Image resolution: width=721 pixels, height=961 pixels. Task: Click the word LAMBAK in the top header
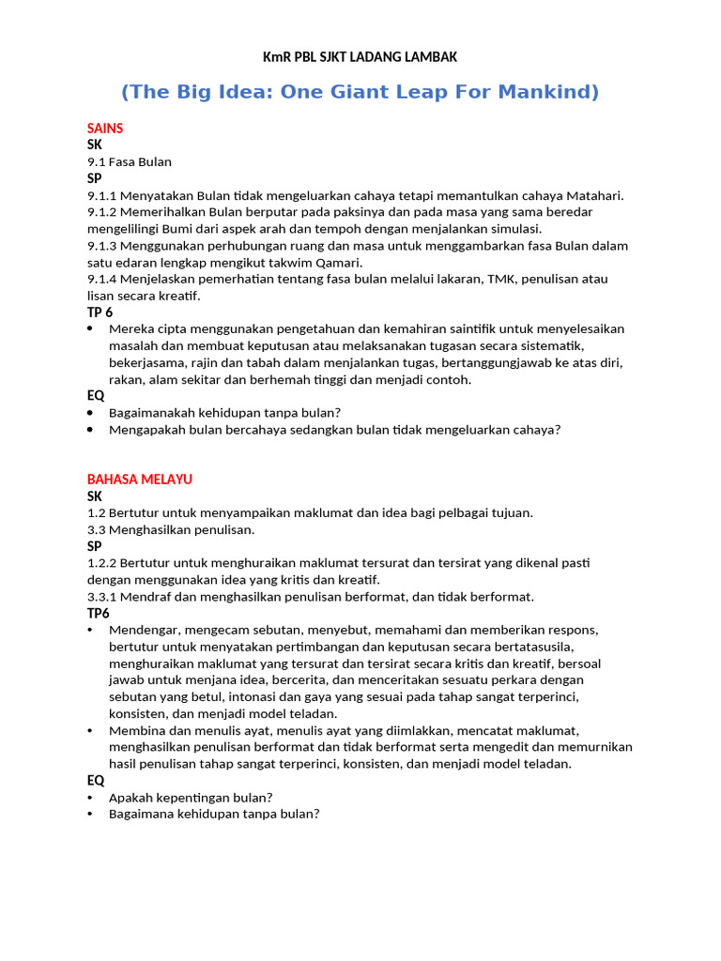pos(430,57)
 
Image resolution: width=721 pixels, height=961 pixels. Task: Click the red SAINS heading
pos(105,128)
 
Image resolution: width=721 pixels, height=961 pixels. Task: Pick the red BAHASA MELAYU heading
pos(140,479)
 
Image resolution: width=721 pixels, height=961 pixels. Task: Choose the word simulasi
pos(515,229)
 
